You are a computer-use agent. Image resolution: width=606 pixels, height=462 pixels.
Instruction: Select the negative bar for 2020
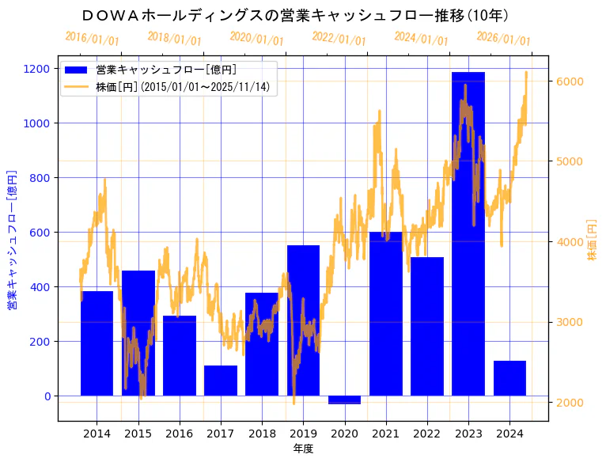coord(344,400)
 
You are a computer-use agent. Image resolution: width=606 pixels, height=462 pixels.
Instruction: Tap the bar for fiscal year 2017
coord(221,381)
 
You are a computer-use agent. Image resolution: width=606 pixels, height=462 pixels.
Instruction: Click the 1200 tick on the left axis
coord(38,69)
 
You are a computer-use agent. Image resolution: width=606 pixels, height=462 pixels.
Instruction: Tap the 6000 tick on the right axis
coord(570,81)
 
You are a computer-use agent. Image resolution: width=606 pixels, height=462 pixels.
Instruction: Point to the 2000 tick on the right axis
coord(570,402)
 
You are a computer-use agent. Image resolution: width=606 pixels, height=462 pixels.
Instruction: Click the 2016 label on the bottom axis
coord(180,434)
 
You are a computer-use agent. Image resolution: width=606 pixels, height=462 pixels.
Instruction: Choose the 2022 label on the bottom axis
coord(427,434)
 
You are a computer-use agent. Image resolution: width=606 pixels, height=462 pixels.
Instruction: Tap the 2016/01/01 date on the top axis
coord(92,38)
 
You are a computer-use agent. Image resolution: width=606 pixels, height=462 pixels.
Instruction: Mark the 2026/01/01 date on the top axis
coord(503,39)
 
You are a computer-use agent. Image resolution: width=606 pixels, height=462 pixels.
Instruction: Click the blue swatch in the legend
coord(77,70)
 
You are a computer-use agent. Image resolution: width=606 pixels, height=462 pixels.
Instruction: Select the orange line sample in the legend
coord(77,86)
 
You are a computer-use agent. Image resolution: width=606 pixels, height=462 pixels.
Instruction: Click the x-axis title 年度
coord(303,449)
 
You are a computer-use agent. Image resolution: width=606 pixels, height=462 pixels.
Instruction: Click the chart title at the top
coord(294,15)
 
